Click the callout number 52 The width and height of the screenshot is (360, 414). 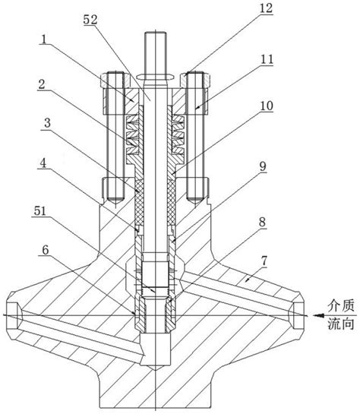tap(90, 20)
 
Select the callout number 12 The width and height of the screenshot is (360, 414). tap(266, 8)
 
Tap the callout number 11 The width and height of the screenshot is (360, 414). tap(267, 59)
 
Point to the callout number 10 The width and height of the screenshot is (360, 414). tap(267, 106)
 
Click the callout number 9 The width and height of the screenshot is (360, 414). tap(263, 166)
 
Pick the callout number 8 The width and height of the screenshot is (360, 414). tap(262, 222)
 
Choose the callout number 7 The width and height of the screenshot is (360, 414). tap(264, 261)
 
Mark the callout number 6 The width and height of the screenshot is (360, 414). tap(46, 249)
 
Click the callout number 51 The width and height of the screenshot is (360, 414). tap(39, 211)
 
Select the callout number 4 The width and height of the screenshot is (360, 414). tap(43, 163)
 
